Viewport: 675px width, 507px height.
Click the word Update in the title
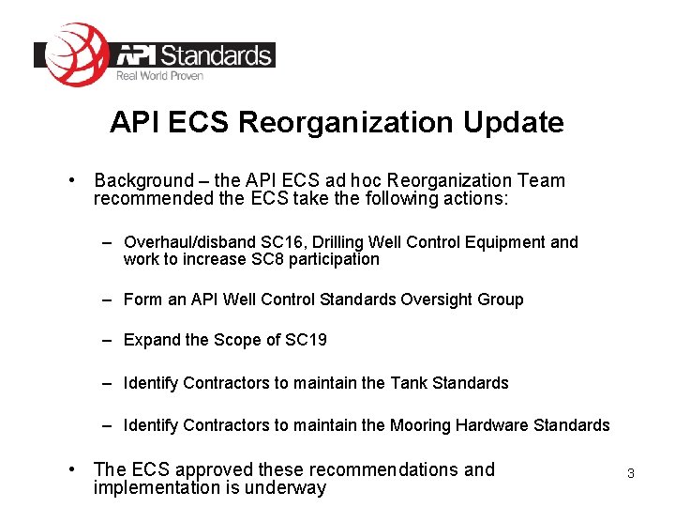(517, 122)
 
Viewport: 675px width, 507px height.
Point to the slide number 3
(630, 473)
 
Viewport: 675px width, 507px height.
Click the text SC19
(306, 340)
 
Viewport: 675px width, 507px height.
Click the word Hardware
(491, 425)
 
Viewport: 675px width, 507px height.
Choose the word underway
(284, 487)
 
